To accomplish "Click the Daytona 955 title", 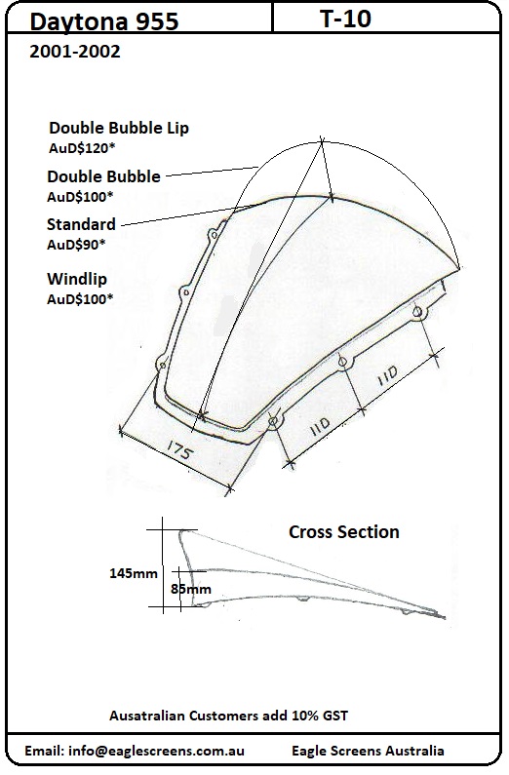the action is click(103, 21).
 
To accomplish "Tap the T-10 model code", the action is click(346, 19).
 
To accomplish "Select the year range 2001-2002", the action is click(75, 52).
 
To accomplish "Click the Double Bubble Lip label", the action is click(119, 128).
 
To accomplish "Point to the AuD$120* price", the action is click(82, 148).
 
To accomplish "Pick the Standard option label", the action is click(81, 224).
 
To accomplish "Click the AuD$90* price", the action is click(77, 245).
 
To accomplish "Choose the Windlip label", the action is click(77, 279).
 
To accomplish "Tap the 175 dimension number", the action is click(178, 450).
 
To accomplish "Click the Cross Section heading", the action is click(344, 532).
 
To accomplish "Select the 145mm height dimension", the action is click(134, 573).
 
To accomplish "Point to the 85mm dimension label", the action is click(191, 589).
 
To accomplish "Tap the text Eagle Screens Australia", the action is click(368, 751).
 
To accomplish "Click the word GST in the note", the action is click(333, 716).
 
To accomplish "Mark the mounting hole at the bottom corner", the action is click(273, 421).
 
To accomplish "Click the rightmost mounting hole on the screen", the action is click(417, 312).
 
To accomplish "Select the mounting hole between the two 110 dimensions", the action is click(342, 362).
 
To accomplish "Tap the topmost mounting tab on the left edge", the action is click(214, 234).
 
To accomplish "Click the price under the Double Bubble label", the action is click(80, 197).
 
